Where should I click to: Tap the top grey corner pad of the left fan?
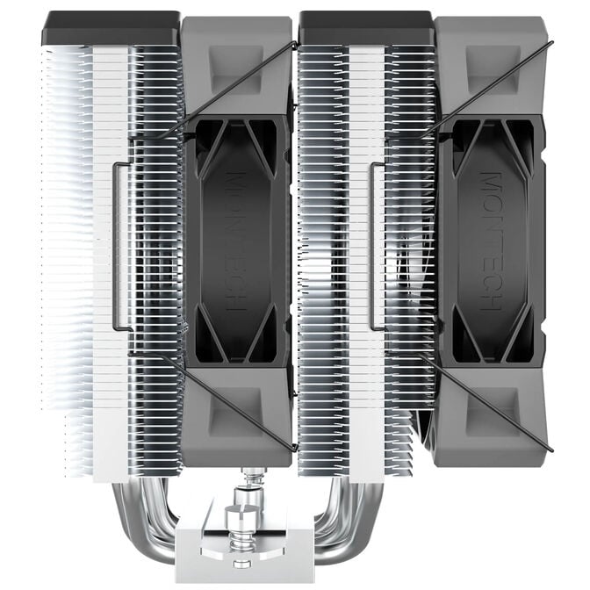(235, 66)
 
